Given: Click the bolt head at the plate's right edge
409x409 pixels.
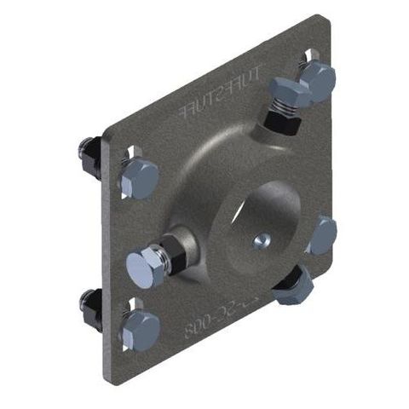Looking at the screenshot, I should click(x=322, y=235).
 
